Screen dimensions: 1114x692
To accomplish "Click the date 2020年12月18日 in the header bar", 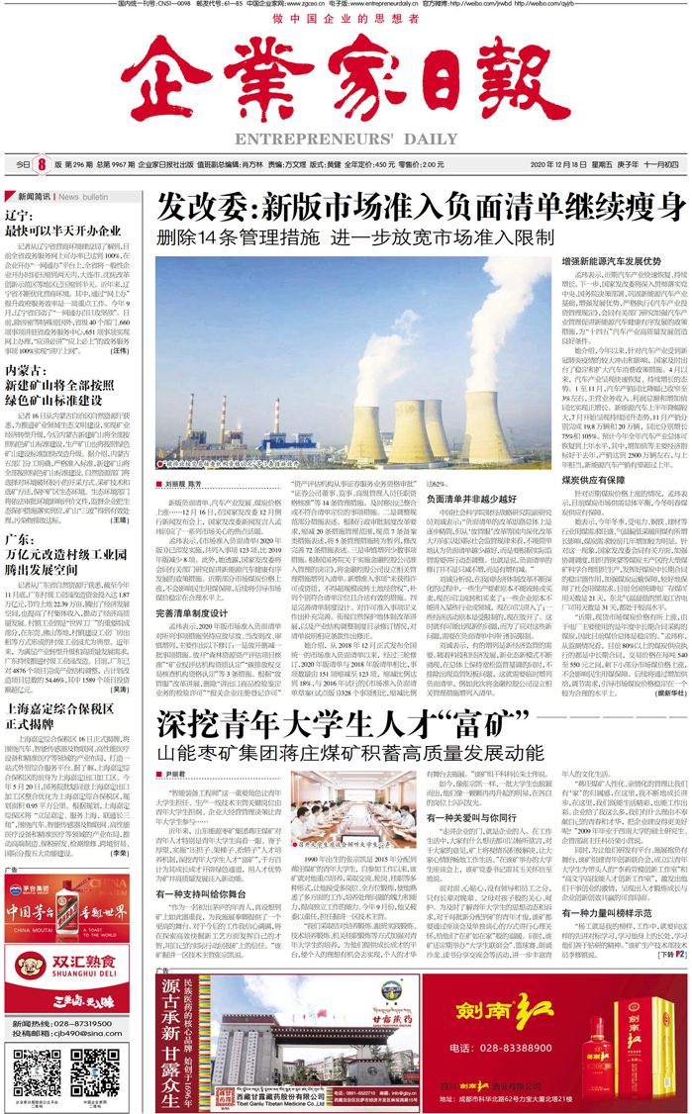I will [558, 164].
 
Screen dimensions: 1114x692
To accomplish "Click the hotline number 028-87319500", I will [81, 1023].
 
